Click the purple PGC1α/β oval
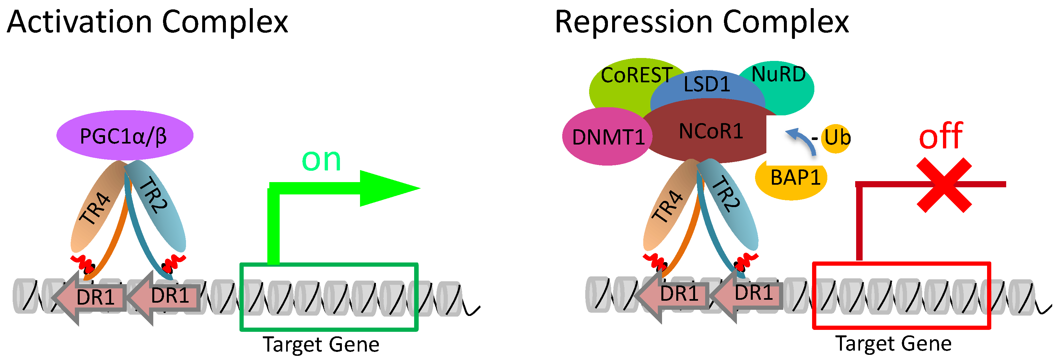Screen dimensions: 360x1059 click(x=124, y=136)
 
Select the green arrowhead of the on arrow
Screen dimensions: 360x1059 click(x=387, y=189)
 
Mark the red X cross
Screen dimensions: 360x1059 click(x=944, y=185)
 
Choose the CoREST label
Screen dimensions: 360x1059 click(x=636, y=75)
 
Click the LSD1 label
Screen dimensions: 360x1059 click(x=707, y=85)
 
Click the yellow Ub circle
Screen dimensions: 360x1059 click(x=836, y=138)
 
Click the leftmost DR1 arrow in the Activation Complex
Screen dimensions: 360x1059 click(x=92, y=297)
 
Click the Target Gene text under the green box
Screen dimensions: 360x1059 click(x=321, y=344)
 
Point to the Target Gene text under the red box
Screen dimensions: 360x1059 click(x=894, y=343)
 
